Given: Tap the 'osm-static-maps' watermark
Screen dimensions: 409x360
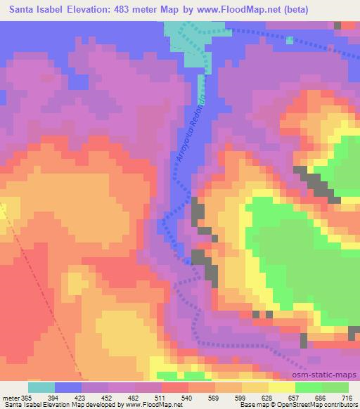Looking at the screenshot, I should [x=329, y=375].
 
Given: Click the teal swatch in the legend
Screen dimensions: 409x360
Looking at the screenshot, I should [x=41, y=387].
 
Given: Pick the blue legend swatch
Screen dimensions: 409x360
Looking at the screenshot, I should [x=68, y=387].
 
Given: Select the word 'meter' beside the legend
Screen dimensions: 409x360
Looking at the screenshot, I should [x=12, y=397].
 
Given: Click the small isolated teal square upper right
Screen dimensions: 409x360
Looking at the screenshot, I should [x=290, y=39].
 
